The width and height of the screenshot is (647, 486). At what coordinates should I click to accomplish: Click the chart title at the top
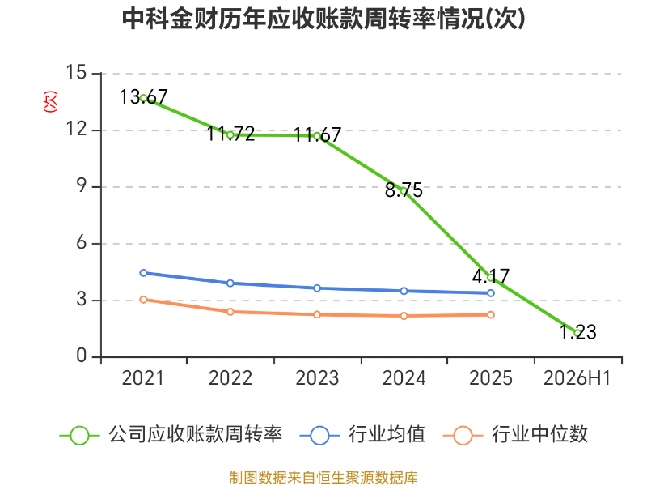click(x=323, y=19)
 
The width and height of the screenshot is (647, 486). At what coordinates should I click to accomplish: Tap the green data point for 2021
click(x=144, y=98)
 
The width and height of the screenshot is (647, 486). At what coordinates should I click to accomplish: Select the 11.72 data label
click(x=230, y=134)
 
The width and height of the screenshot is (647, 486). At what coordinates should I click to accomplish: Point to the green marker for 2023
click(x=317, y=136)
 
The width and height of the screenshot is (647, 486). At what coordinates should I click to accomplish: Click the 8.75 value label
click(x=404, y=190)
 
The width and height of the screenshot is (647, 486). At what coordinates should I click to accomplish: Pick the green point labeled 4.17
click(x=491, y=278)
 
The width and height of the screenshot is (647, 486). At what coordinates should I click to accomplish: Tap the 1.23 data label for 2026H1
click(x=578, y=332)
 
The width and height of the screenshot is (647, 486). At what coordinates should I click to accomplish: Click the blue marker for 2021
click(x=144, y=273)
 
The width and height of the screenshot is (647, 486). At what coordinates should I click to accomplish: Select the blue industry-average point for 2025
click(x=491, y=293)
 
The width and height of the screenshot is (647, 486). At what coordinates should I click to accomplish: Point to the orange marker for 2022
click(x=230, y=312)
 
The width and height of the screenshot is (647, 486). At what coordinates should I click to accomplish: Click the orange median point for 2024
click(x=404, y=316)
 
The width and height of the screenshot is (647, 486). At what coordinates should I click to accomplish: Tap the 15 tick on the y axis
click(x=76, y=72)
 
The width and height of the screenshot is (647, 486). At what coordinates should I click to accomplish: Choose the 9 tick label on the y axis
click(x=82, y=186)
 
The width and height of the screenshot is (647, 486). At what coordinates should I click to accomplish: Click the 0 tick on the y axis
click(x=82, y=356)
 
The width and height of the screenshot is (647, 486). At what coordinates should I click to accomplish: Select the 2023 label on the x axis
click(x=317, y=378)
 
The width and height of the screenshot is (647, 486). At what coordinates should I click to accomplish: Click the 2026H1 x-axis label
click(x=577, y=378)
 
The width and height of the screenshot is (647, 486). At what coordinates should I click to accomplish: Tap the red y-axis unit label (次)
click(x=50, y=101)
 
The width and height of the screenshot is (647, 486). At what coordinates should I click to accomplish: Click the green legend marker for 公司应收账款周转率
click(x=79, y=436)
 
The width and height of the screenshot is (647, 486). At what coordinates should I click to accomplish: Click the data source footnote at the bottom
click(x=323, y=478)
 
